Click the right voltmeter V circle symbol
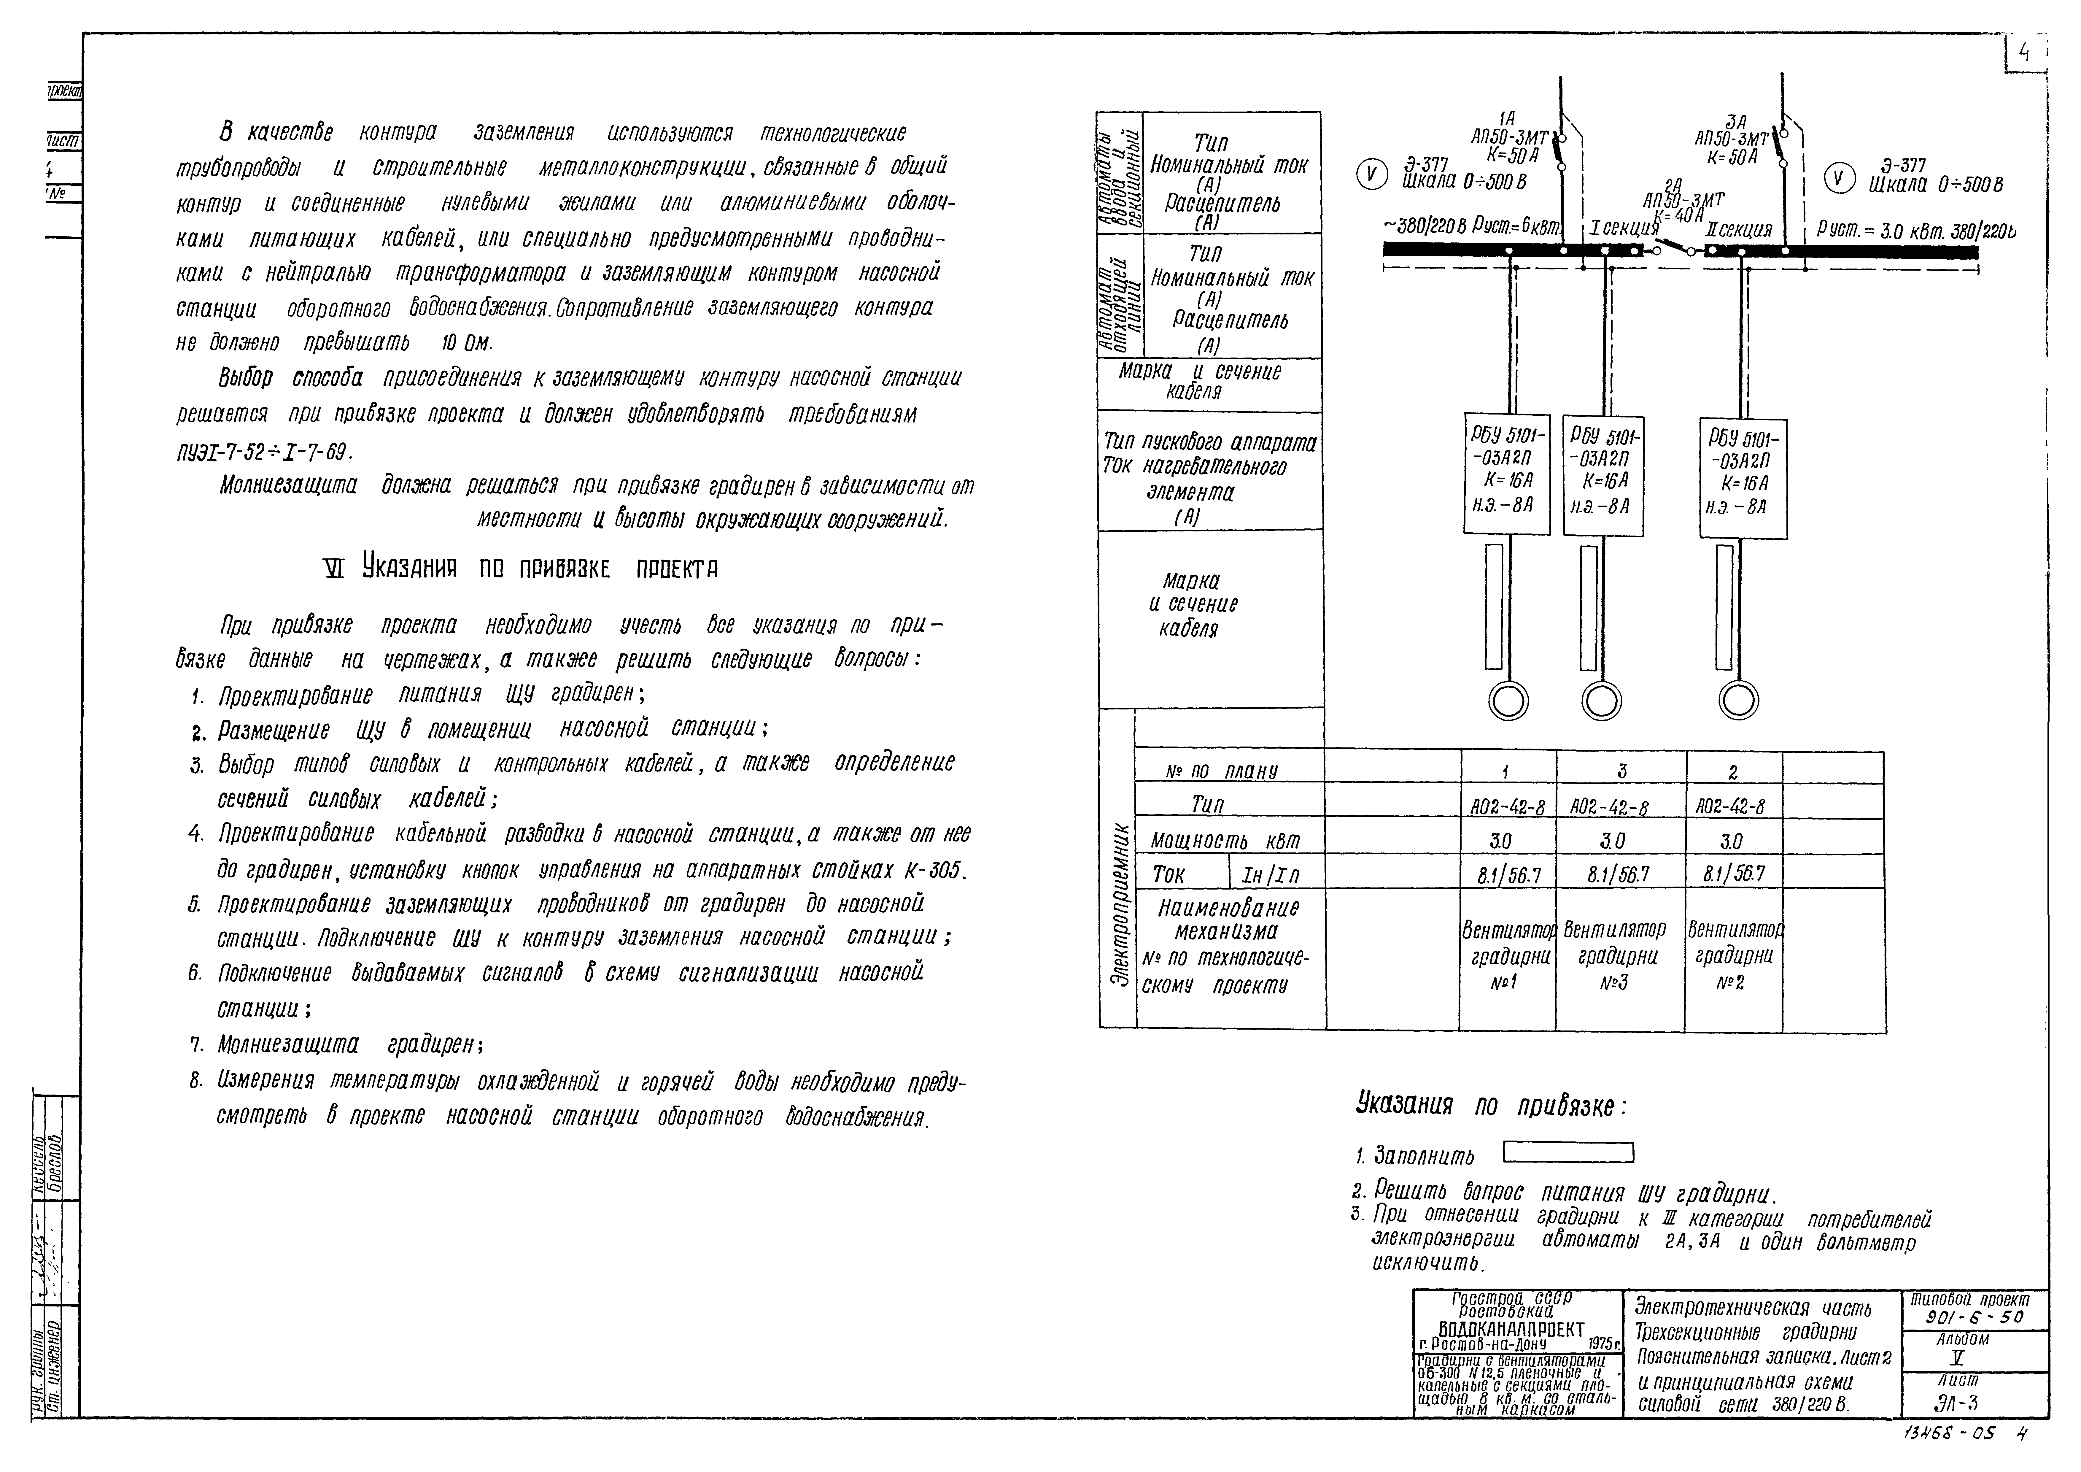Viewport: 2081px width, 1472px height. tap(1838, 178)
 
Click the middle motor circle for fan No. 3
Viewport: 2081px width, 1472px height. tap(1602, 701)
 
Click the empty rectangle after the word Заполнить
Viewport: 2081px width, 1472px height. tap(1568, 1153)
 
